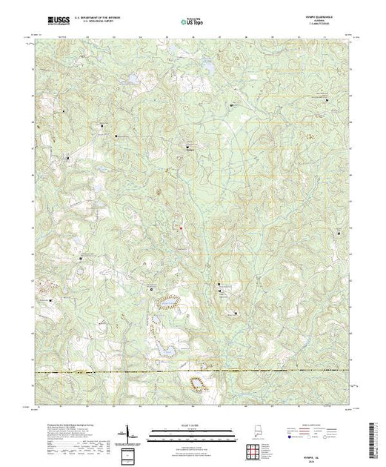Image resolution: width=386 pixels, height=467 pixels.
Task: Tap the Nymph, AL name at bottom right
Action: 331,438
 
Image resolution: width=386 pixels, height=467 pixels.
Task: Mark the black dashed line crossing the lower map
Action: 192,370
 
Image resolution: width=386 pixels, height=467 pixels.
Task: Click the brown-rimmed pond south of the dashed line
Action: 198,383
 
